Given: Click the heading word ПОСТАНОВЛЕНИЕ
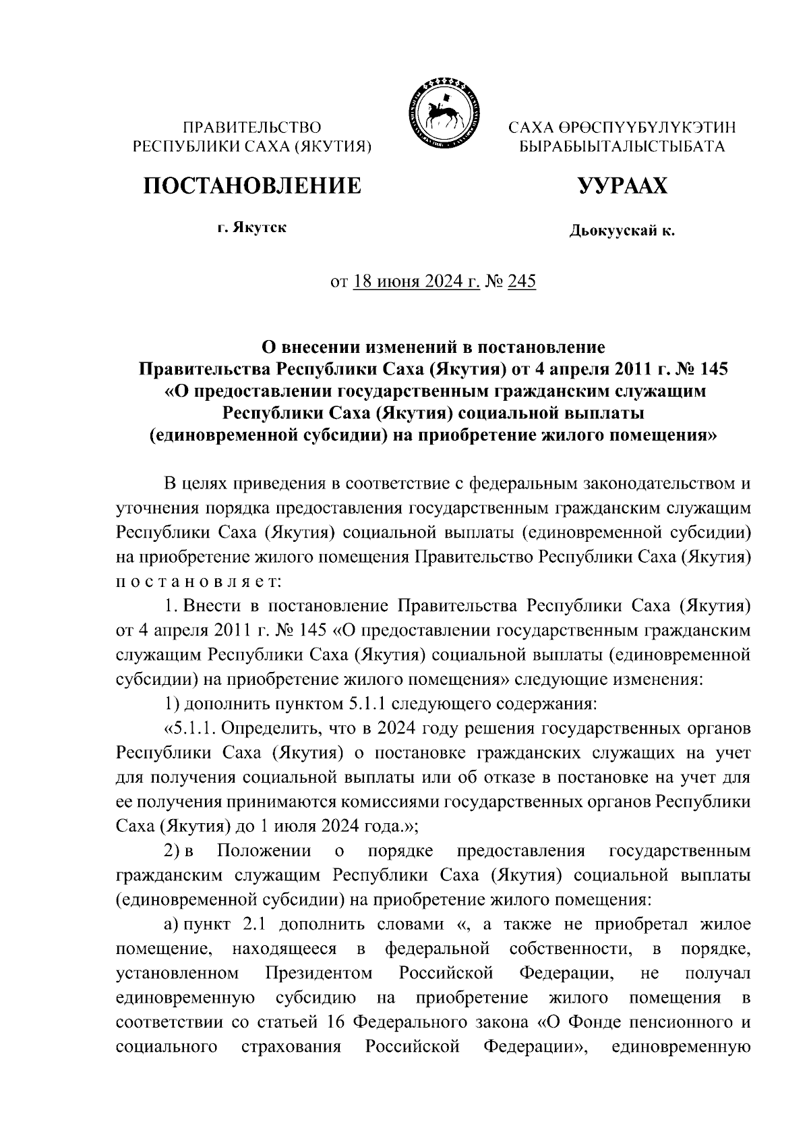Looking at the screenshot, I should pos(251,185).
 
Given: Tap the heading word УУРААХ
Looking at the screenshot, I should pos(622,185).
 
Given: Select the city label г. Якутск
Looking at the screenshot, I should pos(251,227).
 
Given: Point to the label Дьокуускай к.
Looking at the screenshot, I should pos(622,231).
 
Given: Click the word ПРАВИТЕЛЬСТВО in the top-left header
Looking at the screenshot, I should pos(253,127).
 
